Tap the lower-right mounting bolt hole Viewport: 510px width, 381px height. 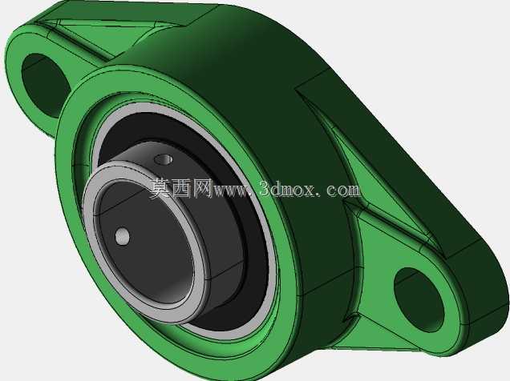[419, 299]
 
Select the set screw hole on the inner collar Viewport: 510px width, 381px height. [164, 159]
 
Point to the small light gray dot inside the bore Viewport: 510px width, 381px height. [123, 236]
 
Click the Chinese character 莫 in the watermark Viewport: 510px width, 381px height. [160, 188]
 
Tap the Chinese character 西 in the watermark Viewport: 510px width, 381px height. [181, 188]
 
